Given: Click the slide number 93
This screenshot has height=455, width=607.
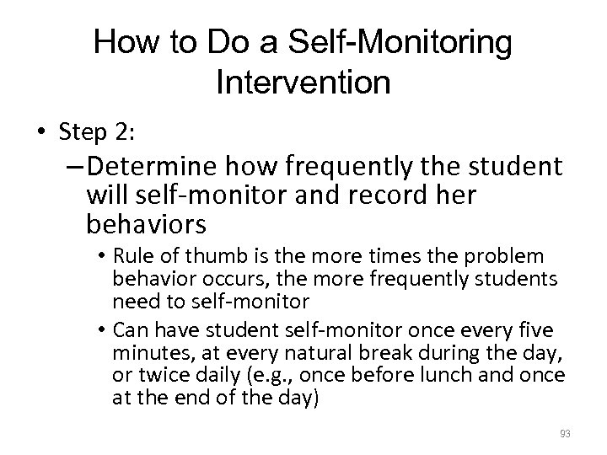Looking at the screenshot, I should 564,434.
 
